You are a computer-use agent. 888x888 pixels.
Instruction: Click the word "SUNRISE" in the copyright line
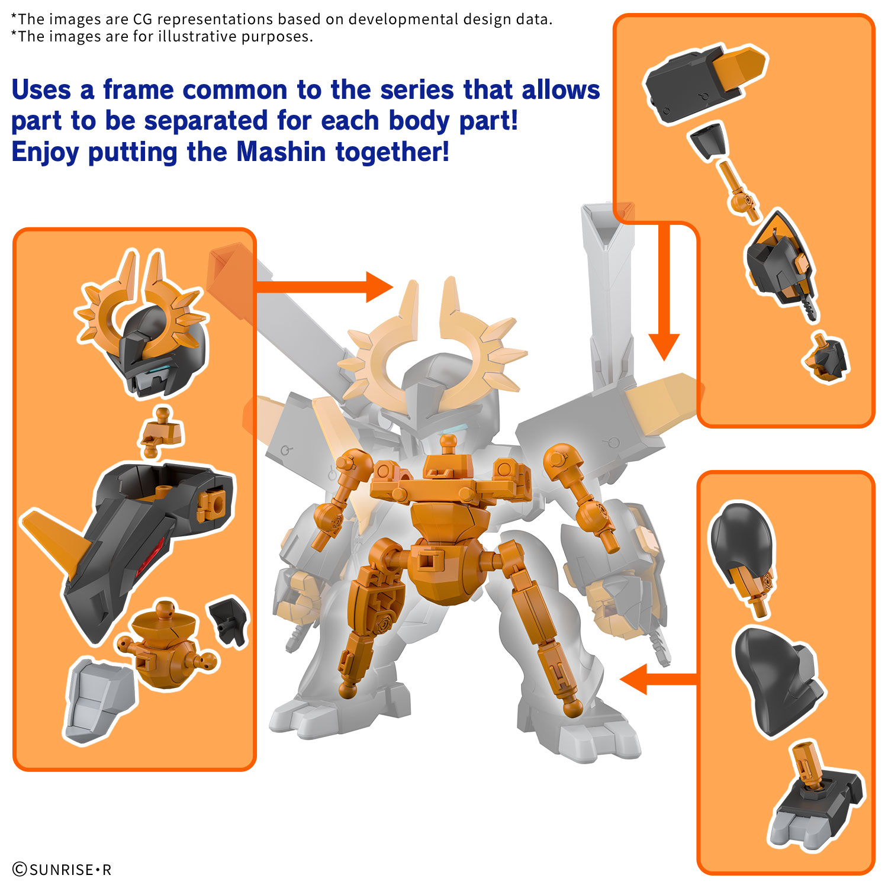[62, 870]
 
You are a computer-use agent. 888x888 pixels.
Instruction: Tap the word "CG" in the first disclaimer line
[143, 20]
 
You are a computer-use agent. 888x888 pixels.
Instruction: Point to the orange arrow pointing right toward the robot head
[324, 287]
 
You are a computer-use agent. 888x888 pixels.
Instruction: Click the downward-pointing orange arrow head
[664, 347]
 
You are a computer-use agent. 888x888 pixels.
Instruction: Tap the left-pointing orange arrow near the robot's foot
[658, 679]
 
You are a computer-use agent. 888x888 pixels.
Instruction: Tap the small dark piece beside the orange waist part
[227, 622]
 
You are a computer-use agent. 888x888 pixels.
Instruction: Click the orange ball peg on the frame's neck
[448, 441]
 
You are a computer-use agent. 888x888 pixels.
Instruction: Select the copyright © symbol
[20, 870]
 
